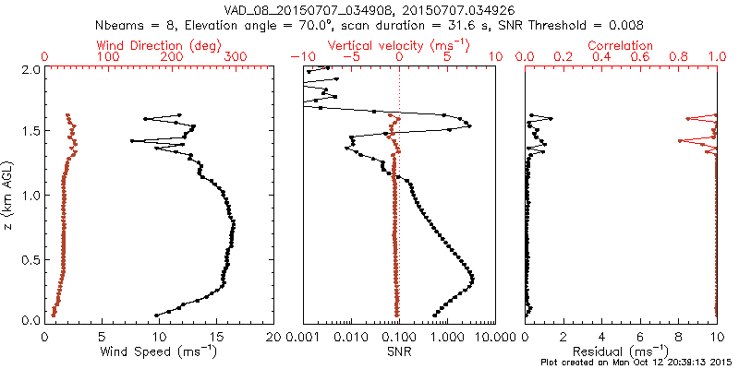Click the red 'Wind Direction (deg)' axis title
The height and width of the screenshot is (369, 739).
[158, 45]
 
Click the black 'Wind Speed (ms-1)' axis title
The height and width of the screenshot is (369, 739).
[159, 351]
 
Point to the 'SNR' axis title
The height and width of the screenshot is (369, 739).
[399, 351]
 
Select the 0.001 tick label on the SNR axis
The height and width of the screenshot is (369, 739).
[304, 338]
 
